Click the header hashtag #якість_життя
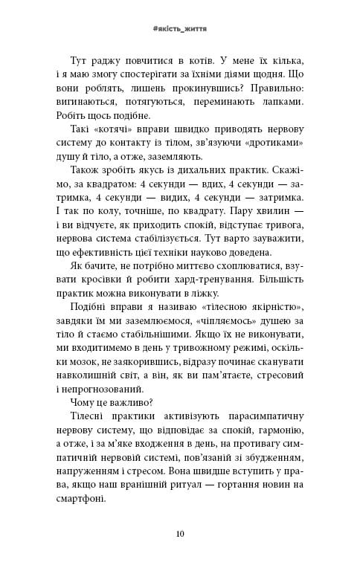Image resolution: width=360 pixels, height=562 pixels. point(179,28)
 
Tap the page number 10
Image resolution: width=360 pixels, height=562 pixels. point(180,532)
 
